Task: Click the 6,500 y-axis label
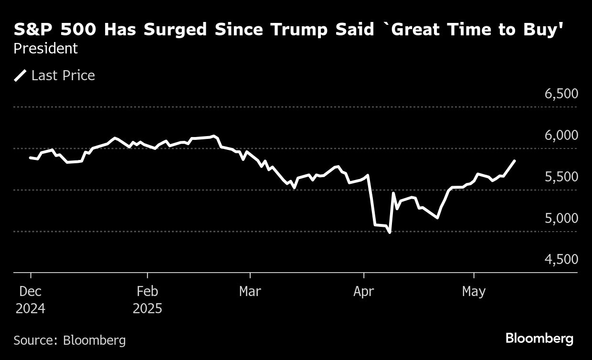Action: tap(561, 94)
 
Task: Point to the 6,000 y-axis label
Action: tap(561, 135)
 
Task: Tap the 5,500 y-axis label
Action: tap(561, 177)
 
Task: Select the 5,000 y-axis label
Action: tap(561, 218)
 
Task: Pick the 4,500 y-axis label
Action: tap(561, 259)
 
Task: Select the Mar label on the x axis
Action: tap(250, 291)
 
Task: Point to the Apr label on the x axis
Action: tap(364, 291)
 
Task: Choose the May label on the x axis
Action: tap(474, 291)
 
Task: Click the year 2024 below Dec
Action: tap(31, 308)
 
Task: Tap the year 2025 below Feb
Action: tap(148, 308)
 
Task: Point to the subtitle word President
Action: tap(45, 49)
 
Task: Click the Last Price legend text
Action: tap(63, 75)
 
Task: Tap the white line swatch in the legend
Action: tap(21, 75)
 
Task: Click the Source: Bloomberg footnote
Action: tap(70, 340)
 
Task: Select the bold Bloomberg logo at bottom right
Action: tap(539, 339)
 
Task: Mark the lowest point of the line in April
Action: tap(390, 233)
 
